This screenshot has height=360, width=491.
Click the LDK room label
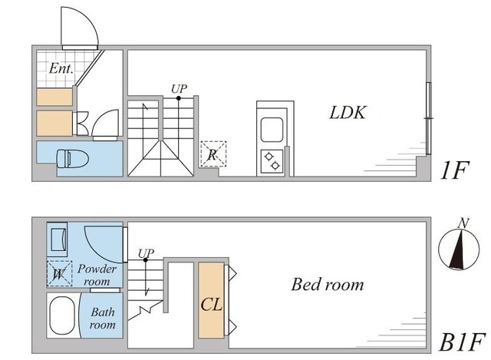(347, 114)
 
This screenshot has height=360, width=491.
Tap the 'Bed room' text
(327, 285)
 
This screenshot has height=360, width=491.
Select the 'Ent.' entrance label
(61, 68)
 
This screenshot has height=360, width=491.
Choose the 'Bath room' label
(103, 319)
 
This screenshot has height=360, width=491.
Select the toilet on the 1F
(72, 160)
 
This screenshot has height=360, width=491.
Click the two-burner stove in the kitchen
(272, 160)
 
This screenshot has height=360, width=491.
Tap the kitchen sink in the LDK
(272, 130)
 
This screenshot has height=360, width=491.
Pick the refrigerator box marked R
(213, 154)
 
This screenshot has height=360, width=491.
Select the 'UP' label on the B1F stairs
(146, 253)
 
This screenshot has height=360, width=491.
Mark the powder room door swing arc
(103, 242)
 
